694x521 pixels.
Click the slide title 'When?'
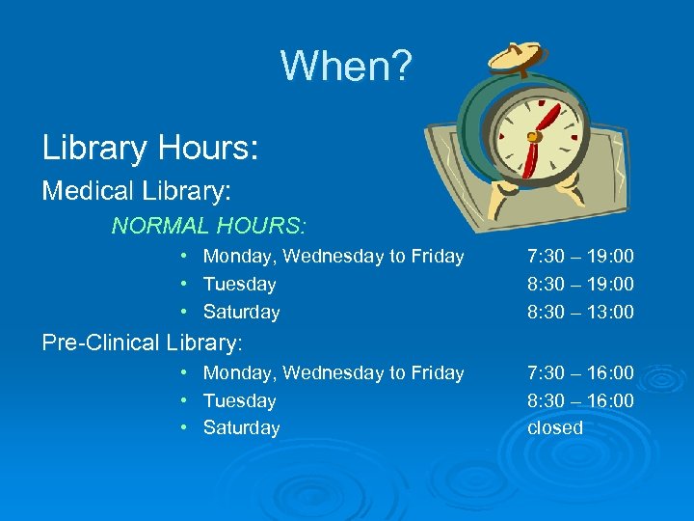pos(346,67)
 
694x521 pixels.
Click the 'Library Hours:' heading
pos(150,148)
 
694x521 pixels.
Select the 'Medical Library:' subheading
pos(137,191)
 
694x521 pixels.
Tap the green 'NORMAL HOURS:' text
pos(209,226)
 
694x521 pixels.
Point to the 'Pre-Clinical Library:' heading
pos(142,343)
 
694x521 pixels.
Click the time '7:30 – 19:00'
pos(580,257)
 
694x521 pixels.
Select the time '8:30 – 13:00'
pos(580,312)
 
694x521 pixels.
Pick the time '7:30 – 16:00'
pos(580,372)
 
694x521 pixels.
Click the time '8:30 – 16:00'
pos(580,400)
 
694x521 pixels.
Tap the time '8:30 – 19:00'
pos(580,285)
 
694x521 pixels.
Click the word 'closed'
pos(555,427)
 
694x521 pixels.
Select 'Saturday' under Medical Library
pos(241,312)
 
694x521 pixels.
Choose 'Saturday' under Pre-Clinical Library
pos(241,427)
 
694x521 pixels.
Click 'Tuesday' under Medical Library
pos(239,285)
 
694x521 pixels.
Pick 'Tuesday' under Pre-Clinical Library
pos(239,400)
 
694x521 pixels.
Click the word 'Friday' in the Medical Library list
pos(438,257)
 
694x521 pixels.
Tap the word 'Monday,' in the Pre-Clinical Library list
pos(237,373)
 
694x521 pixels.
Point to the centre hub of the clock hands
pos(532,137)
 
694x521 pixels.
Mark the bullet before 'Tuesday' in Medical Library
pos(183,285)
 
